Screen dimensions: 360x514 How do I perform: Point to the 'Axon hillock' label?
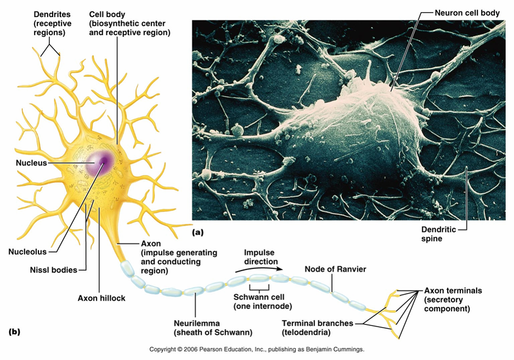pos(101,298)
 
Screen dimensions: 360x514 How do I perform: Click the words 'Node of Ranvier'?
pos(335,269)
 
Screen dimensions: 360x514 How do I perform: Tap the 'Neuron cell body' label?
pos(467,13)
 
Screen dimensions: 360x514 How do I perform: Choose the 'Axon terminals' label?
pos(453,290)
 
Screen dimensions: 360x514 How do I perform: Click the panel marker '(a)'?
pos(197,232)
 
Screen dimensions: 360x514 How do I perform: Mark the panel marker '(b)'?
pos(16,332)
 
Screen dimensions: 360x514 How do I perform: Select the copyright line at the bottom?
pos(256,349)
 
